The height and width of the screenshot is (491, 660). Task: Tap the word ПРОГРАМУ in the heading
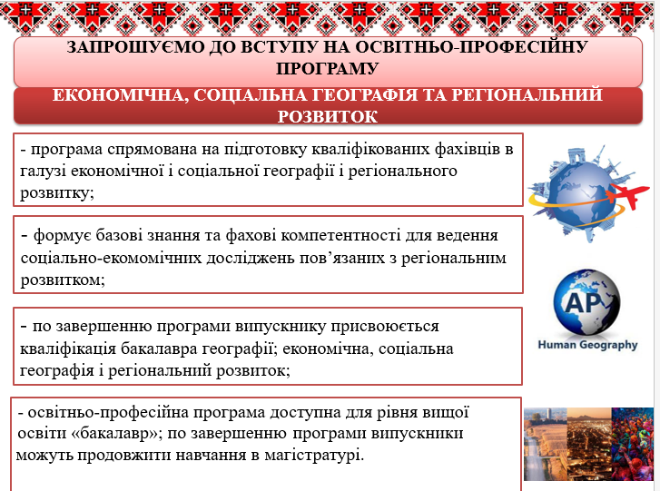pos(328,69)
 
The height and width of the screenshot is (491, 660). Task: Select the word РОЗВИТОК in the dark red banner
pos(328,116)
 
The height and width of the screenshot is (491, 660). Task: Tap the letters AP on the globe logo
pos(584,302)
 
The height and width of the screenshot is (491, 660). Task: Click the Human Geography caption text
pos(587,345)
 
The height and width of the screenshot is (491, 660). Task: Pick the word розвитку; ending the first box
pos(57,193)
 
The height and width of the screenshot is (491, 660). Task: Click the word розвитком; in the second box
pos(63,280)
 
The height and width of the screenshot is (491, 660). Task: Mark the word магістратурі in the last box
pos(314,456)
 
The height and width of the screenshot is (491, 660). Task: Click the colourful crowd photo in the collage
pos(632,444)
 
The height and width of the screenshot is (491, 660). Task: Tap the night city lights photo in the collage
pos(589,444)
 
